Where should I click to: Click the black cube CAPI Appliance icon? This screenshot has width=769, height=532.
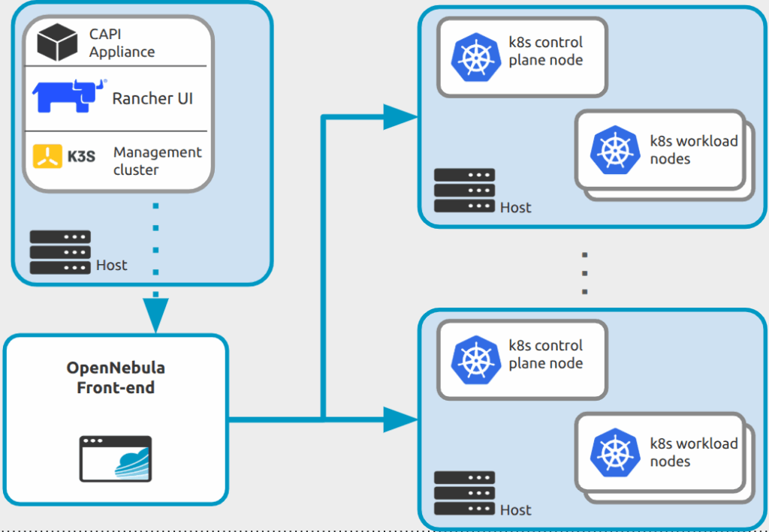tap(58, 42)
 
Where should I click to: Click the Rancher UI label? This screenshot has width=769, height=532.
tap(152, 98)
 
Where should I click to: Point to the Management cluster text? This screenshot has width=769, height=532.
tap(157, 161)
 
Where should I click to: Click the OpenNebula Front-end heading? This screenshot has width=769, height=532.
tap(116, 377)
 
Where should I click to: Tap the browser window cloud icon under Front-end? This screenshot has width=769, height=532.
tap(116, 458)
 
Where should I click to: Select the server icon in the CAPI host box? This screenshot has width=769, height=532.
tap(60, 252)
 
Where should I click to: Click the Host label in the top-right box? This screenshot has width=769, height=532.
tap(516, 207)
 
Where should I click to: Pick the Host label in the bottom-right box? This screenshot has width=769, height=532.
tap(516, 510)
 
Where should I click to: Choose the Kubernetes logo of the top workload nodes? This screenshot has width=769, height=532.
tap(614, 150)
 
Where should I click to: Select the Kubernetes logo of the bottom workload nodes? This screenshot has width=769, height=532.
tap(614, 452)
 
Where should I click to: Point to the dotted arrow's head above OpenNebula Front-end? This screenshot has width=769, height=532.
tap(155, 314)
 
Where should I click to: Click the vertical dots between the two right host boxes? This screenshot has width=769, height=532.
tap(584, 273)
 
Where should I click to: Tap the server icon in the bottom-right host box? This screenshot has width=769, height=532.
tap(464, 493)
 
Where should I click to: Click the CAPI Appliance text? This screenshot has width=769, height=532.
tap(122, 43)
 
